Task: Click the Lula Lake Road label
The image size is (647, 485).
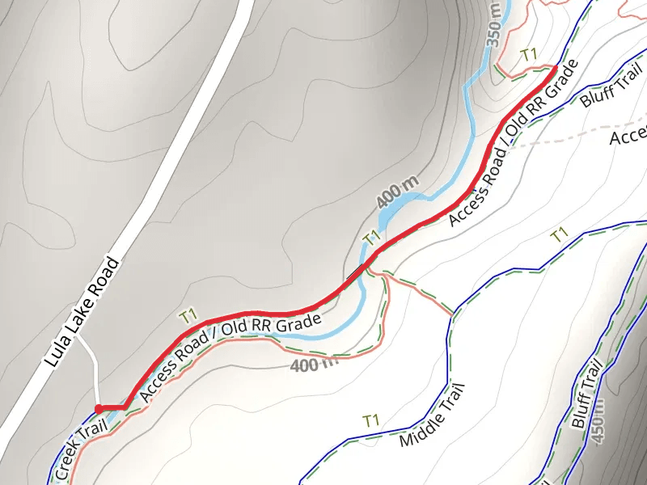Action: point(81,313)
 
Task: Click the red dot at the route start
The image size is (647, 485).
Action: point(99,408)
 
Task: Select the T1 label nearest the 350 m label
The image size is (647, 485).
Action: point(529,55)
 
